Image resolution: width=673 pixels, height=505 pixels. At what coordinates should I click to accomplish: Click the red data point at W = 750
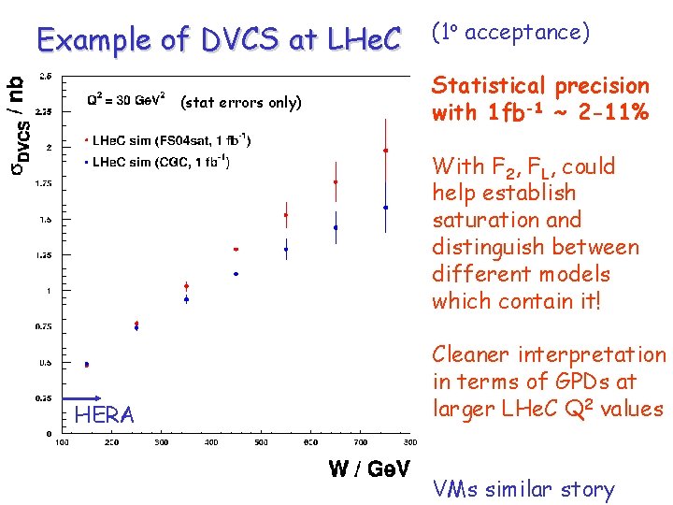point(386,151)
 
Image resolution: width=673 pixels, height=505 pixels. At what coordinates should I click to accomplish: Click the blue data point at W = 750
point(386,208)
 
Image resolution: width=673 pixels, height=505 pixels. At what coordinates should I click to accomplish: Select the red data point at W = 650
point(336,182)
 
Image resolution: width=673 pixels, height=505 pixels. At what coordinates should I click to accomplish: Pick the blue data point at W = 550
point(286,249)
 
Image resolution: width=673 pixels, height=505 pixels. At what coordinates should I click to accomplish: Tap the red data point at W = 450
point(236,250)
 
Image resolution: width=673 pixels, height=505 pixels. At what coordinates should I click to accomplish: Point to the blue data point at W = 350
point(186,299)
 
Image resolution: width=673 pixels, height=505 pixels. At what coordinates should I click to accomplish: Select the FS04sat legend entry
point(168,140)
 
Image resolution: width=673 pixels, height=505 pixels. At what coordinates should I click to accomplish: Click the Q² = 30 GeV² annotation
point(126,99)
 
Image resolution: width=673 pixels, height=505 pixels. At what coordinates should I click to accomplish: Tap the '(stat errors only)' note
point(241,103)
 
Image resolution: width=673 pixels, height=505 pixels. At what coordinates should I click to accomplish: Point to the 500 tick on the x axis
point(261,442)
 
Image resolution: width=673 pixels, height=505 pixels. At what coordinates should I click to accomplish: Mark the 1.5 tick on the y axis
point(44,219)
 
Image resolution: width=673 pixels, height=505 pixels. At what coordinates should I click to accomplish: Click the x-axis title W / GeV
point(368,469)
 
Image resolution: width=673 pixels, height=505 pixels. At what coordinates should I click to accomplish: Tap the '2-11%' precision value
point(609,113)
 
